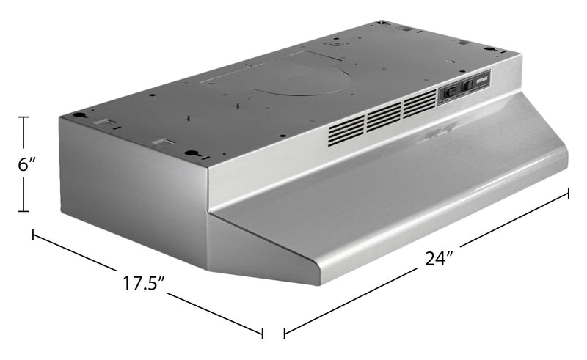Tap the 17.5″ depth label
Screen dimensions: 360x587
point(140,282)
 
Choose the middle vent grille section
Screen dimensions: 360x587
point(384,116)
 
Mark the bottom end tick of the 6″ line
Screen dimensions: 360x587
point(24,212)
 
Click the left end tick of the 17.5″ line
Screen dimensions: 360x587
point(33,235)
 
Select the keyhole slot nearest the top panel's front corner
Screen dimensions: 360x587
point(192,153)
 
